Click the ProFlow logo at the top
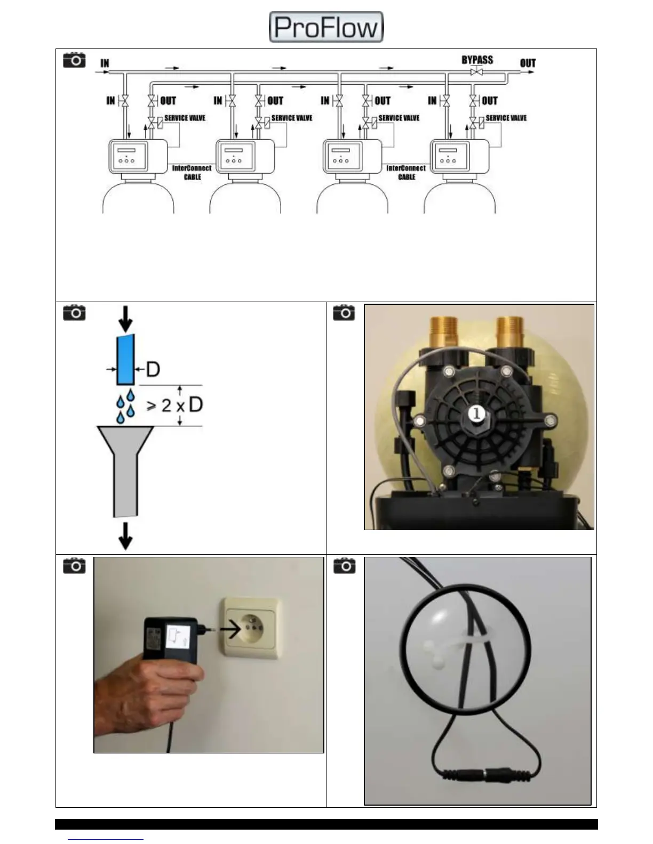[x=326, y=27]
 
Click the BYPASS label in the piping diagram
[x=477, y=60]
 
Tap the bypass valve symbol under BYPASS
[x=476, y=72]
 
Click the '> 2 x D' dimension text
[x=174, y=405]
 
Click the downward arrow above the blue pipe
[x=126, y=319]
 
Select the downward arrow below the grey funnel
[x=125, y=535]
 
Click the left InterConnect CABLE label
[x=192, y=172]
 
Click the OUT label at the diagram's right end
[x=528, y=63]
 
